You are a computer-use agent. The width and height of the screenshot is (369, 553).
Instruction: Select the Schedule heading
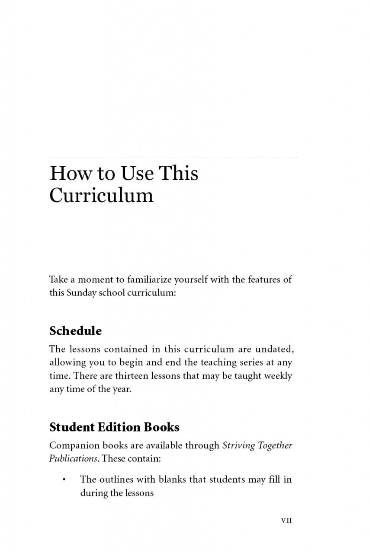point(76,331)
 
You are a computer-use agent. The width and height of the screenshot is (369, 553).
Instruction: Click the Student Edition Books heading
point(114,427)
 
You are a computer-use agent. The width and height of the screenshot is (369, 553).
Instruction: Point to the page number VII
point(286,521)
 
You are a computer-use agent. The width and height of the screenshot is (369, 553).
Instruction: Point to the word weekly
point(275,376)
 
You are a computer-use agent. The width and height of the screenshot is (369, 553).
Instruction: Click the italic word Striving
point(239,445)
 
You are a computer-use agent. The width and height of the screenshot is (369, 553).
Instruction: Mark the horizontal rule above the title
point(173,158)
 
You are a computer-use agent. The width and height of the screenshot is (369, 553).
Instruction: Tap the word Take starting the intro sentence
point(58,280)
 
